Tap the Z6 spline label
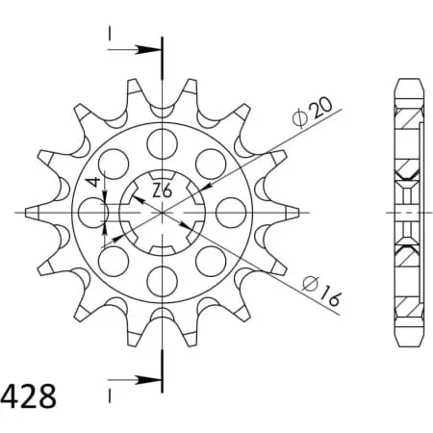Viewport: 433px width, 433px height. pos(163,191)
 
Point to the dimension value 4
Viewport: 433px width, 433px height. pos(94,183)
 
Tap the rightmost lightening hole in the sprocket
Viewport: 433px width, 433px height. pos(231,213)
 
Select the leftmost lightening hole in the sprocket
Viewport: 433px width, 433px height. pos(93,213)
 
